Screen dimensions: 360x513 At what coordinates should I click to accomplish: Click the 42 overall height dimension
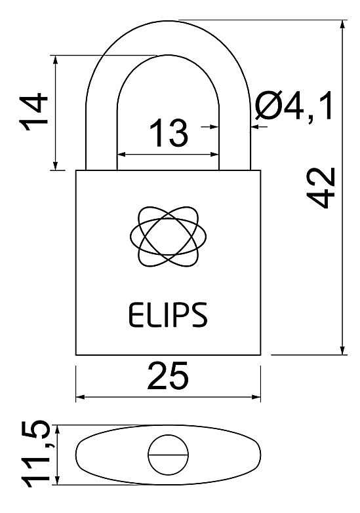pos(321,188)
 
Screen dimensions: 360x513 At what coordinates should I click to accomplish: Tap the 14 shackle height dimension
pos(33,112)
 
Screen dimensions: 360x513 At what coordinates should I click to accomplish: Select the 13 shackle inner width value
pos(169,132)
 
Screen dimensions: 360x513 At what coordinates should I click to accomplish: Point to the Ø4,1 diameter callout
pos(294,105)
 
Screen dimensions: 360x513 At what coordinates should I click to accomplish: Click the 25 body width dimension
pos(168,375)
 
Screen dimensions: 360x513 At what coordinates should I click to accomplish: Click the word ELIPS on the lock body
pos(168,314)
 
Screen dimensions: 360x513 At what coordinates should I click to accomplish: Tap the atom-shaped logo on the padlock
pos(169,237)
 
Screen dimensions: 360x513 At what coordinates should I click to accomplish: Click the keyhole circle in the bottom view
pos(169,455)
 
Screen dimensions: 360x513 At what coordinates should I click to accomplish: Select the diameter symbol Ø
pos(268,105)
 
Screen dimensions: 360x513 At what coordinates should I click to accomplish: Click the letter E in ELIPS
pos(134,314)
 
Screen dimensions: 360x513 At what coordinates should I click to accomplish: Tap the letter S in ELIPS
pos(199,314)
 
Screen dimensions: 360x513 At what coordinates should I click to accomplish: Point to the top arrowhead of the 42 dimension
pos(343,25)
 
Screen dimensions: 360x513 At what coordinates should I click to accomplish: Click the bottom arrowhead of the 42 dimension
pos(343,349)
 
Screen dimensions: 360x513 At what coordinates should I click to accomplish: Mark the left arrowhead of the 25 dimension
pos(81,397)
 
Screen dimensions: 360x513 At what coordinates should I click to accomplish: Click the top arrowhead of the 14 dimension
pos(56,60)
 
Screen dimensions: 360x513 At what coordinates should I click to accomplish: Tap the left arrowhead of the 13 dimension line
pos(123,154)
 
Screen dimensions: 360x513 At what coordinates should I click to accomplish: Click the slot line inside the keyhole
pos(169,455)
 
